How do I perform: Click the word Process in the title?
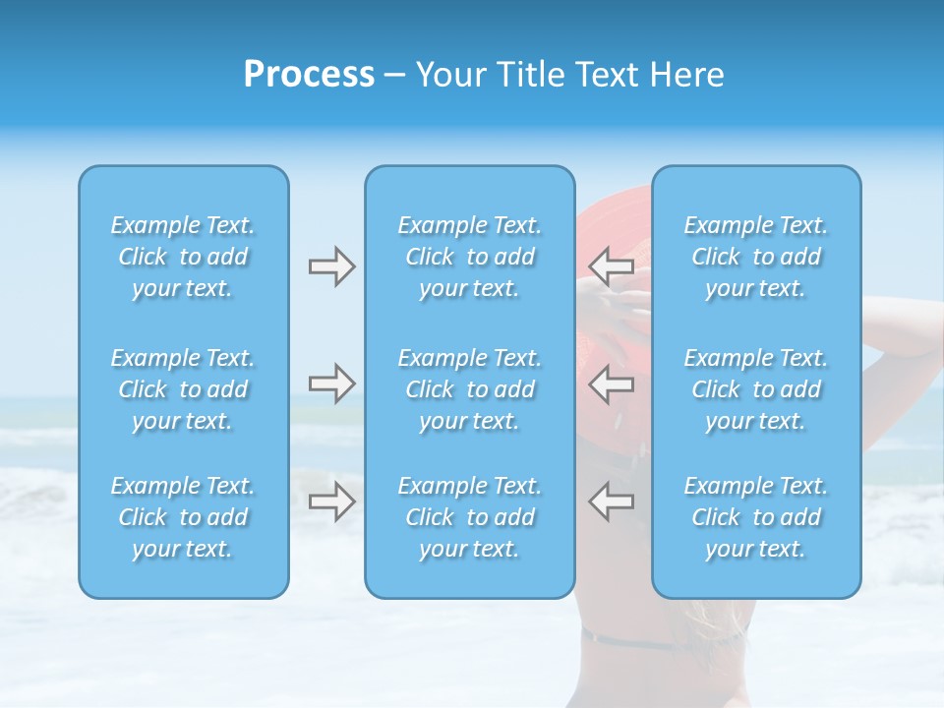pos(309,75)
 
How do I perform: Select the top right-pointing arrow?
pos(331,266)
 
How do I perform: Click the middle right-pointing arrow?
pos(331,383)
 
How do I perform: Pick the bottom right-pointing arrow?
pos(331,501)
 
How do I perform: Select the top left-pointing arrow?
pos(612,266)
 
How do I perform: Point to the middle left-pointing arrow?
pos(612,383)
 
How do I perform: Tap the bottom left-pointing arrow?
pos(612,501)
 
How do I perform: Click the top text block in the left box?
pos(183,257)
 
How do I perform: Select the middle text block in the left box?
pos(183,389)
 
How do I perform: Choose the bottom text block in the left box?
pos(183,517)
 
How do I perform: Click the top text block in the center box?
pos(470,257)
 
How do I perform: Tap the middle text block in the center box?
pos(470,389)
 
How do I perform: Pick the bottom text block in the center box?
pos(470,517)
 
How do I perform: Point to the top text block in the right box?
pos(756,257)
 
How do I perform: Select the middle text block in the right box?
pos(756,389)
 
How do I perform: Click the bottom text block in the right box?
pos(756,517)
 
